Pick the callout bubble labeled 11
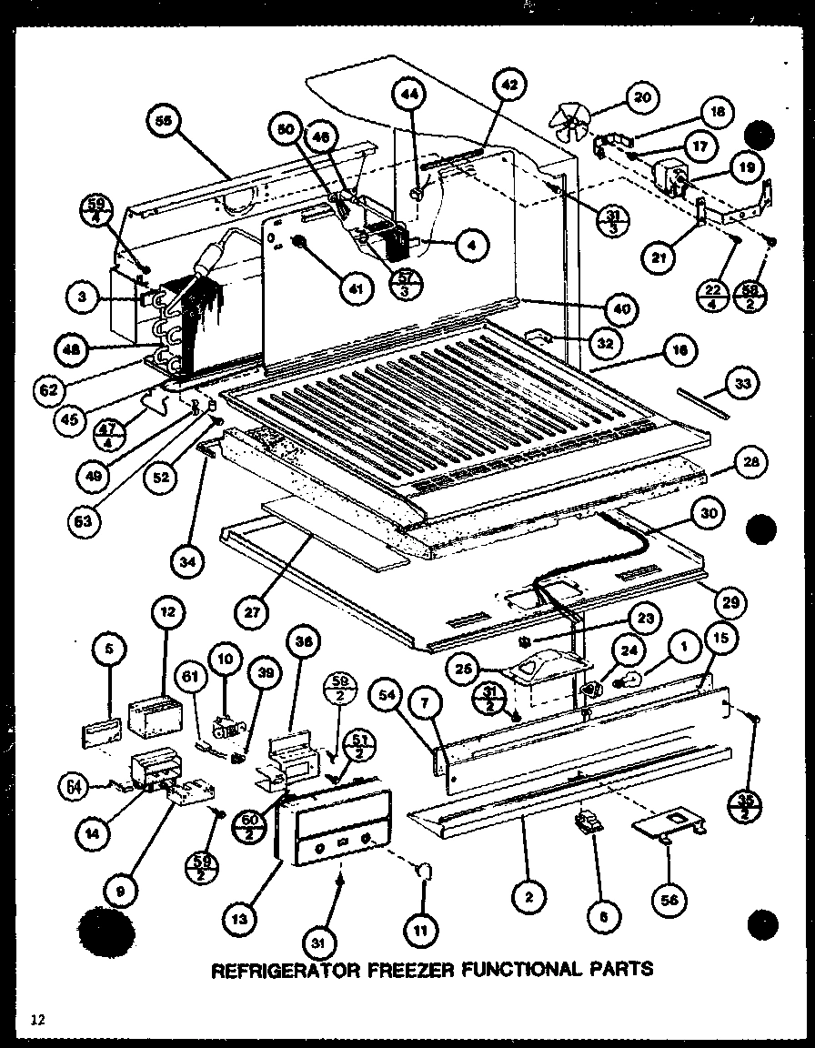tap(425, 930)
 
